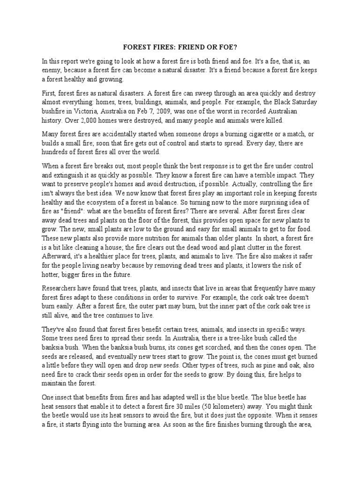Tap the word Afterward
click(x=57, y=256)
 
